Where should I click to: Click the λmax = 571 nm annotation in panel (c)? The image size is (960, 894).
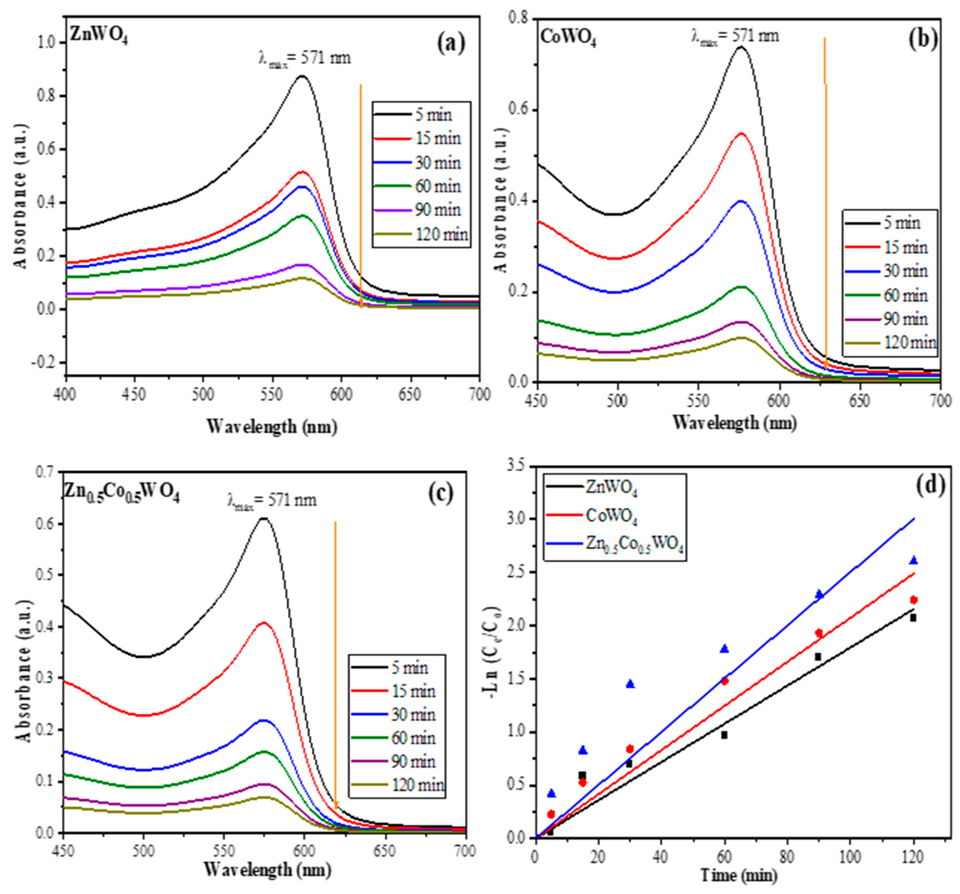[x=272, y=501]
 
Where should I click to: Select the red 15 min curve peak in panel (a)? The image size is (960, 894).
[x=302, y=171]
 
